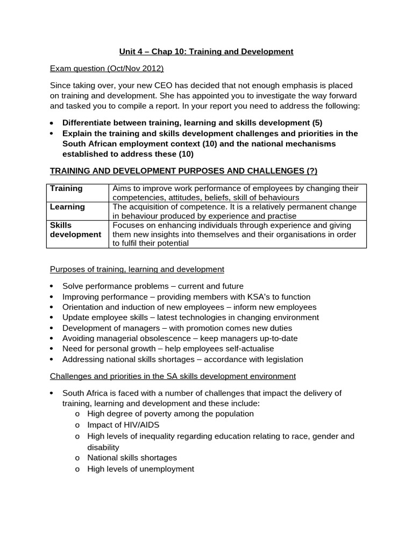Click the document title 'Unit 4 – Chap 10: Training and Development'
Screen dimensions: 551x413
(x=206, y=52)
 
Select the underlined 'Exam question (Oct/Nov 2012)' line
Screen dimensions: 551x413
(x=106, y=68)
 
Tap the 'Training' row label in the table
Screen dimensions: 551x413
(x=66, y=188)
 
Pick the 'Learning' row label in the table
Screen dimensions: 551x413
(x=67, y=207)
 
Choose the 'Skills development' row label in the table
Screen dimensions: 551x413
(x=75, y=230)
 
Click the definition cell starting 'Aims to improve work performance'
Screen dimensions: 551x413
(x=235, y=193)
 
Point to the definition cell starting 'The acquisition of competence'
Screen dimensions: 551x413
(x=234, y=211)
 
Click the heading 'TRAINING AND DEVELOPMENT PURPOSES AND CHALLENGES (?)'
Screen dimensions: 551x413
(x=183, y=171)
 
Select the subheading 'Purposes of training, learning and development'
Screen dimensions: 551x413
(x=137, y=269)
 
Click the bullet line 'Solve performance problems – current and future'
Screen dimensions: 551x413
(x=153, y=286)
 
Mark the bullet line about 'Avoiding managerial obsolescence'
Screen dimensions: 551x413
(x=180, y=338)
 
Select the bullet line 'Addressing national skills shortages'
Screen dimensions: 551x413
(x=182, y=359)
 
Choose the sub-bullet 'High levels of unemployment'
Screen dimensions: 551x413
(x=140, y=469)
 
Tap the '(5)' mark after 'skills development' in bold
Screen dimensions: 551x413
(x=316, y=123)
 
